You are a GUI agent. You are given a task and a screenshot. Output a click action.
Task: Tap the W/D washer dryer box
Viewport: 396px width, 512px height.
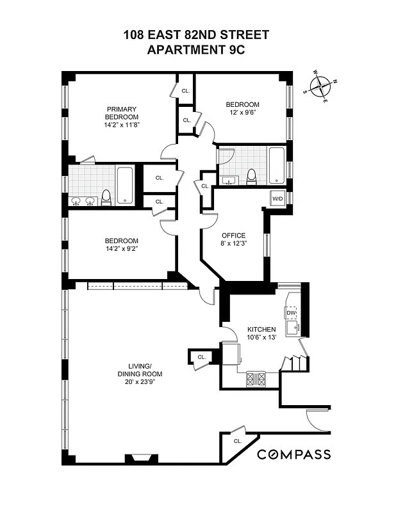278,198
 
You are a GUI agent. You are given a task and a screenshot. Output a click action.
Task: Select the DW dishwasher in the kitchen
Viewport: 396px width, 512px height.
291,312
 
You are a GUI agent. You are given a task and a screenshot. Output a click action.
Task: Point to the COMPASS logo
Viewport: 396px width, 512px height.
294,454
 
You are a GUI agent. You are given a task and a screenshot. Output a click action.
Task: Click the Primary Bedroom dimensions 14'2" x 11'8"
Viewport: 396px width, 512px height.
122,125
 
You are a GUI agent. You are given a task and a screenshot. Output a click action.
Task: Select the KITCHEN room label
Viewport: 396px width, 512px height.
261,330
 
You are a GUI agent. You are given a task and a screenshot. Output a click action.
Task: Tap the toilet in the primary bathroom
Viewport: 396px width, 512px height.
106,198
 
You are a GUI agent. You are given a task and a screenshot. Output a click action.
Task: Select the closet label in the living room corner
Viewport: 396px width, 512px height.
237,442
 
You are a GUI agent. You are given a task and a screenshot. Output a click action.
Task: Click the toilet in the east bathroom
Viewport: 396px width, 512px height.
251,175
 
